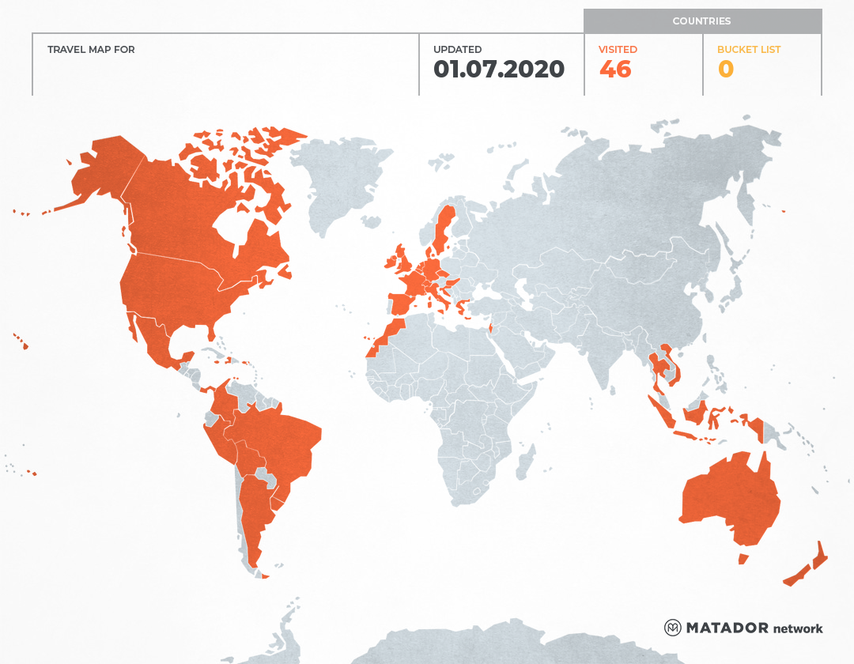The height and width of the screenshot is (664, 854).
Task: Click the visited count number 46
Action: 615,70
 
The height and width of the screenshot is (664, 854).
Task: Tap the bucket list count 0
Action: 725,70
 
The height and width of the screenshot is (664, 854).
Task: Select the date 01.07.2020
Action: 499,70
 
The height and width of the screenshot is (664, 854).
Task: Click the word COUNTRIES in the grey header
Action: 701,21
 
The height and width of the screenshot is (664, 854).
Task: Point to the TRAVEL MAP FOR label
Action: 91,50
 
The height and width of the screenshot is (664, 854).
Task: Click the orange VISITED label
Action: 618,50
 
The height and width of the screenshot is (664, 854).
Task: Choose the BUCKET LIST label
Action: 748,50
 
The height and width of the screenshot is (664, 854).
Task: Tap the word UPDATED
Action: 457,50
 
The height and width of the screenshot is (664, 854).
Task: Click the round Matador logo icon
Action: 673,628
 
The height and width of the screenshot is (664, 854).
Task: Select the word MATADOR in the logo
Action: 727,628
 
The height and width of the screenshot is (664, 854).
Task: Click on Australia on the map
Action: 727,498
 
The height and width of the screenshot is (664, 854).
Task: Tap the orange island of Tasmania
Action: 743,559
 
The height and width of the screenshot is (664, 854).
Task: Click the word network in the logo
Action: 798,628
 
